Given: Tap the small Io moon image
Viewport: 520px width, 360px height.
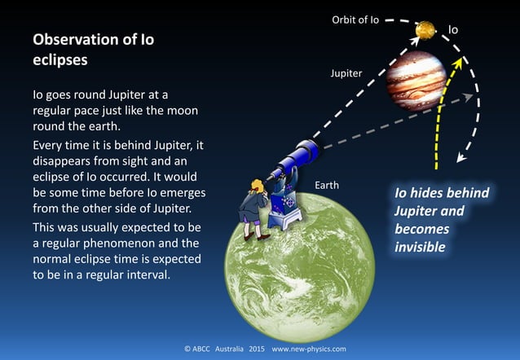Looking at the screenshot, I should pyautogui.click(x=425, y=30).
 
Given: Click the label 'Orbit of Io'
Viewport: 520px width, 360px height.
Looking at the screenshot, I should pyautogui.click(x=355, y=19).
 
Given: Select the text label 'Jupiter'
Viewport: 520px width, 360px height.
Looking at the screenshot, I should pyautogui.click(x=346, y=73).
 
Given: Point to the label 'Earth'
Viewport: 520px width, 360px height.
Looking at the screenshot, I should pyautogui.click(x=326, y=186).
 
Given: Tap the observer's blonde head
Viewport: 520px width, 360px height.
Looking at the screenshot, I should pyautogui.click(x=255, y=187).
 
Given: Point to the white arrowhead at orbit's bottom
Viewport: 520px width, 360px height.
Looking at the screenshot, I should pyautogui.click(x=462, y=159).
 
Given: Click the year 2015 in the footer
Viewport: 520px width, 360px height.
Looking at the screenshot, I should pyautogui.click(x=256, y=349).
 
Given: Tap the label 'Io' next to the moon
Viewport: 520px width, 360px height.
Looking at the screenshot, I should pyautogui.click(x=453, y=30).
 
